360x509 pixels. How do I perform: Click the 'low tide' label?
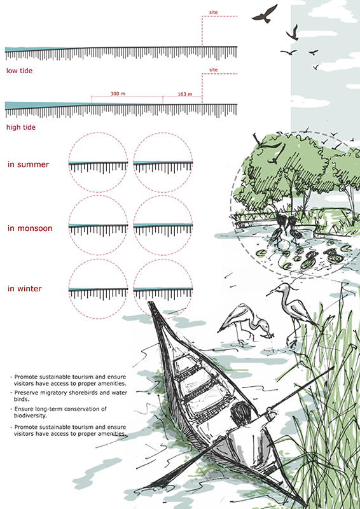pos(20,71)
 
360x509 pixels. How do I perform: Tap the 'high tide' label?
pos(21,127)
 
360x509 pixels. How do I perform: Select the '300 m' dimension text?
pos(118,94)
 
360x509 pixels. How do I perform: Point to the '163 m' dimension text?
pos(184,94)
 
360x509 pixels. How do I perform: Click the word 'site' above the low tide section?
pos(213,12)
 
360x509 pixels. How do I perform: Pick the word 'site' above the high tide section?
pos(213,70)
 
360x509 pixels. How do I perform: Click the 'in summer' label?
pos(28,164)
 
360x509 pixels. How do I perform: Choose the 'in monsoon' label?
pos(30,228)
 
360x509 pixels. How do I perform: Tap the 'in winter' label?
pos(24,289)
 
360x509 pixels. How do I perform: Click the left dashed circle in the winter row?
pos(98,260)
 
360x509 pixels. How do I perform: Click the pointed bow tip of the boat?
pos(150,303)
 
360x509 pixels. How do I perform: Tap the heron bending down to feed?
pos(246,323)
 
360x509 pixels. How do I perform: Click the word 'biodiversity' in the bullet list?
pos(28,415)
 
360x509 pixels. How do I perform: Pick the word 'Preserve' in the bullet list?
pos(25,393)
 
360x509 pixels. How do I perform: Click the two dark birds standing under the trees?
pos(284,230)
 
